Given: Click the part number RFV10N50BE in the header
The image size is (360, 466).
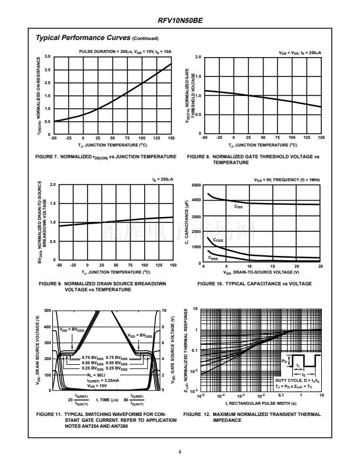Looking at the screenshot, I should click(179, 21).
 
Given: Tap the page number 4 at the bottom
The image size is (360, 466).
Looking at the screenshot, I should click(179, 452).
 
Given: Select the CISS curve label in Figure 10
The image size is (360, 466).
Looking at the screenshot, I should click(238, 207).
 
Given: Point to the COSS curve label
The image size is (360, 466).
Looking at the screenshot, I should click(218, 241).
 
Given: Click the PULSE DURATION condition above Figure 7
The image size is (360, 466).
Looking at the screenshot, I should click(125, 51).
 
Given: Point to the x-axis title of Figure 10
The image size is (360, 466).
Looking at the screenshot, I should click(261, 272).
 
